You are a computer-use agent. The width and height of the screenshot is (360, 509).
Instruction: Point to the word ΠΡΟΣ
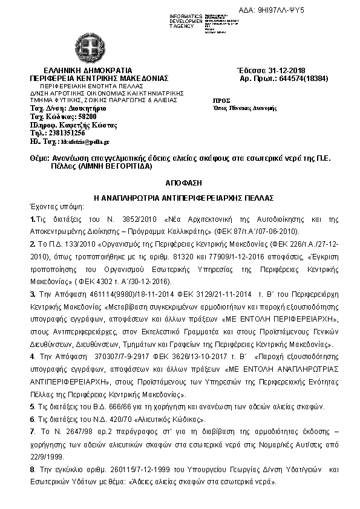tap(223, 99)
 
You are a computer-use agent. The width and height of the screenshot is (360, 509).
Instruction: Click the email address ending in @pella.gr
tap(85, 141)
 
